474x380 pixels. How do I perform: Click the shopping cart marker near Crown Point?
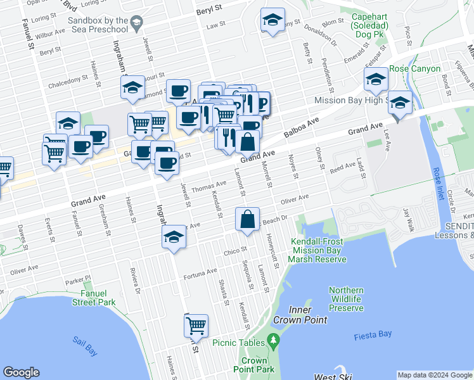click(196, 326)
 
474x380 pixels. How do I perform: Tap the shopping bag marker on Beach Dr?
click(247, 220)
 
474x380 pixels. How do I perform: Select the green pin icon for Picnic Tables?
click(273, 342)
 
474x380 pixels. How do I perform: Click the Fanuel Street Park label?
click(89, 298)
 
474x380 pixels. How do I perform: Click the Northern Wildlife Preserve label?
click(346, 299)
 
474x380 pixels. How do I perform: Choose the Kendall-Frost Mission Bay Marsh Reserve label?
click(319, 250)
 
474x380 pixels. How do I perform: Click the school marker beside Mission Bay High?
click(400, 103)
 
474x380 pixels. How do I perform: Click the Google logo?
click(22, 372)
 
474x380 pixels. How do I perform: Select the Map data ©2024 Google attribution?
click(434, 375)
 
